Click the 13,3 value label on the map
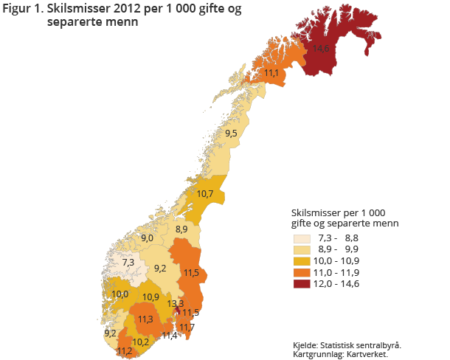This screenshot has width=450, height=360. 176,303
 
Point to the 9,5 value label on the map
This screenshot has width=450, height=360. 231,134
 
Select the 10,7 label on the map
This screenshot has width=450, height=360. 205,194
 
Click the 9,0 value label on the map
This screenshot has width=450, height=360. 147,238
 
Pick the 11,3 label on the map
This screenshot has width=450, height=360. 145,319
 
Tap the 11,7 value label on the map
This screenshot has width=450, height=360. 187,327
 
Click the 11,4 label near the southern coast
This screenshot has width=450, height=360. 170,336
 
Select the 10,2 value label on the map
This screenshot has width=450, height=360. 141,342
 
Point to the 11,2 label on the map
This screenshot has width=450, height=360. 124,351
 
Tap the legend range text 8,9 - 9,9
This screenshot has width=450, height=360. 340,250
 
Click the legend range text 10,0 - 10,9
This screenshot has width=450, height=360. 340,261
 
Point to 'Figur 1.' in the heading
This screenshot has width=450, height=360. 22,9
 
